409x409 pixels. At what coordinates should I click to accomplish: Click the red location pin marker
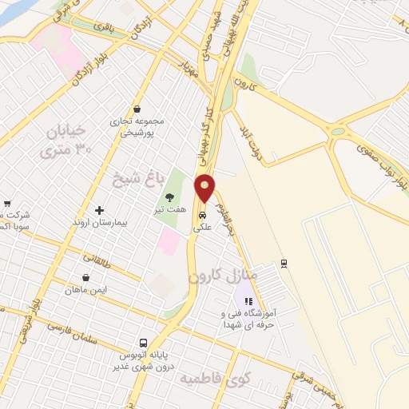tap(205, 189)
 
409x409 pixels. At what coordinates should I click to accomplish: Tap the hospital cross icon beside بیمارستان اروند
tap(99, 211)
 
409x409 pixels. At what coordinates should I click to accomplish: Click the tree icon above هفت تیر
tap(169, 197)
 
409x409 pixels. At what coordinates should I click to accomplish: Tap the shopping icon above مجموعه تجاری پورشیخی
tap(137, 109)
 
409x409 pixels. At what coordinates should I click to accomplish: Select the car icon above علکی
tap(203, 215)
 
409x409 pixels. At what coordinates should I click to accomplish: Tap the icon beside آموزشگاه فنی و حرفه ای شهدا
tap(248, 302)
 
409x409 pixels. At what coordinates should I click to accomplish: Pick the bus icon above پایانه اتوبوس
tap(145, 339)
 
